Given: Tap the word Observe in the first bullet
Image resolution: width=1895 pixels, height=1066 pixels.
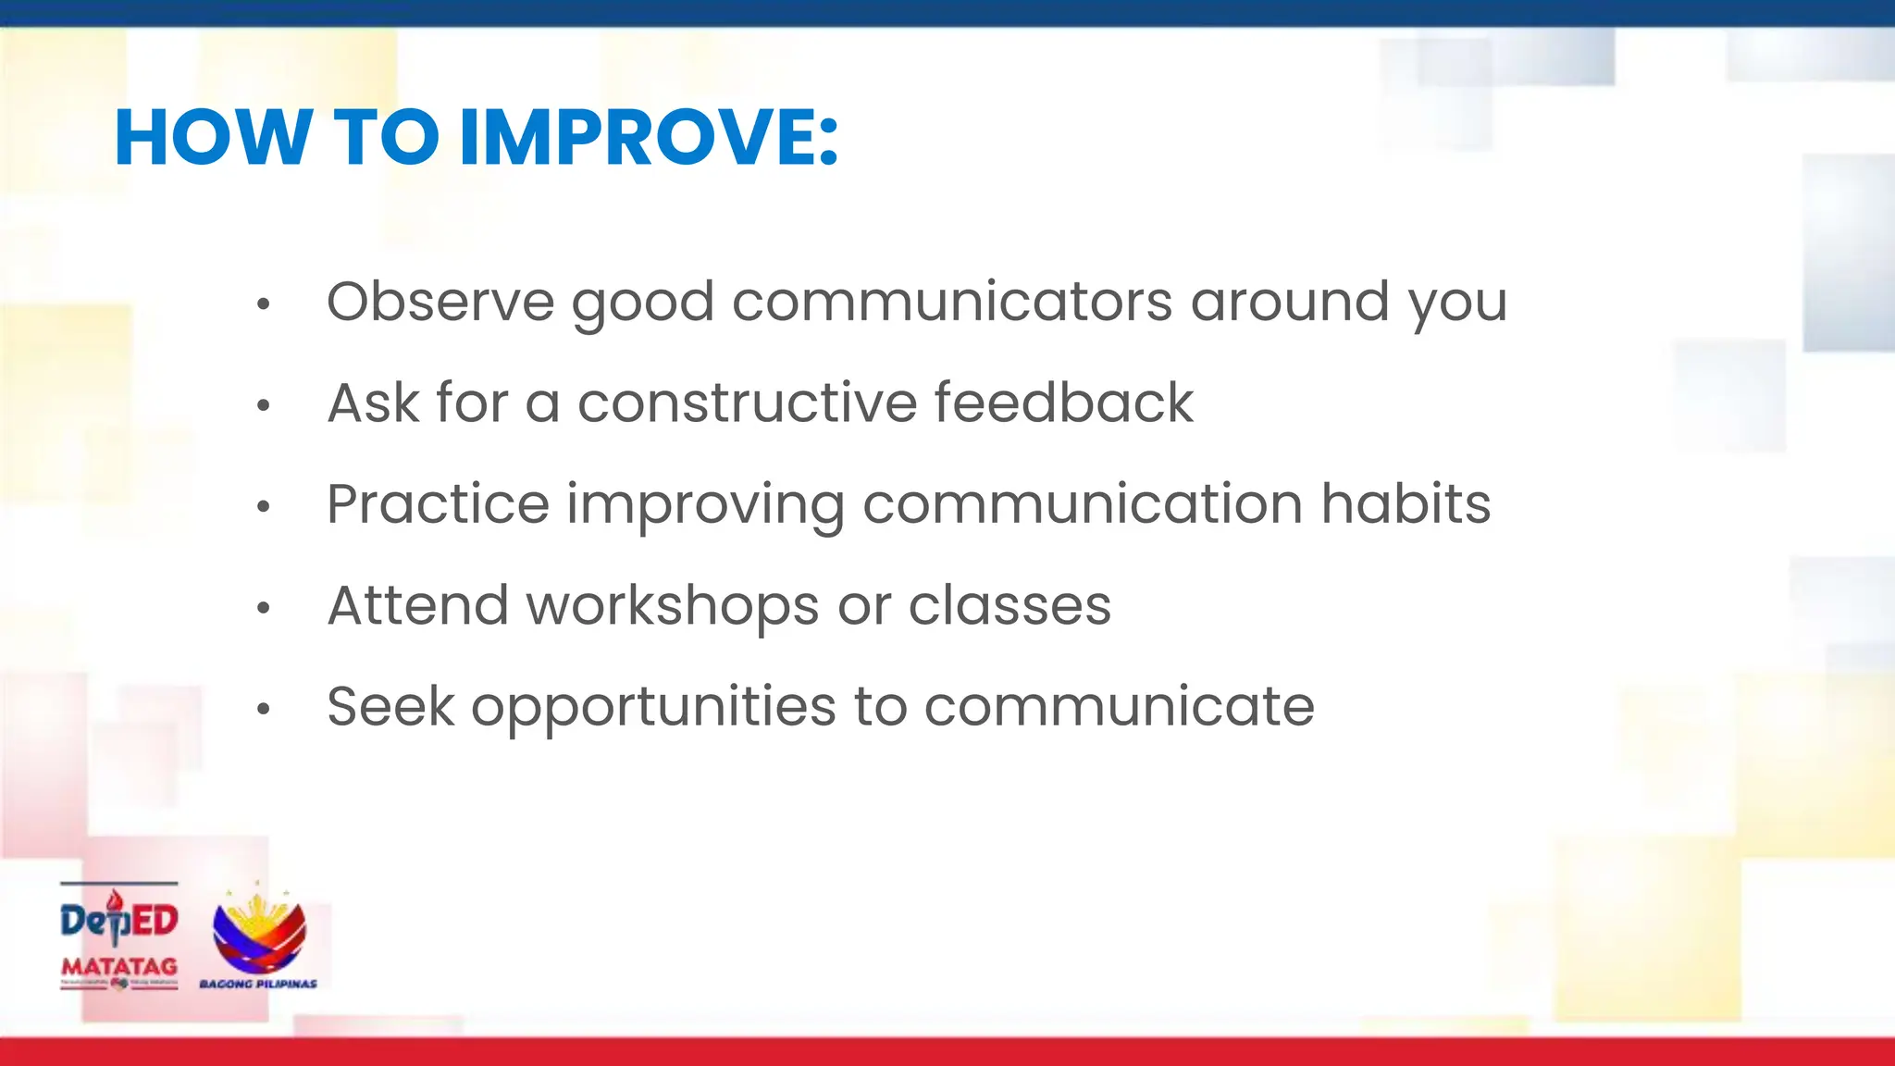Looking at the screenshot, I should coord(440,302).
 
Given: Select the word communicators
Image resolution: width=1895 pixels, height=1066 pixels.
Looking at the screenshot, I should coord(951,302).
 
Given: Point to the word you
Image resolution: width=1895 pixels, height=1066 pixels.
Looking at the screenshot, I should coord(1457,304).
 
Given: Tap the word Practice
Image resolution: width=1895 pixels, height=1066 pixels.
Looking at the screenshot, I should coord(438,504).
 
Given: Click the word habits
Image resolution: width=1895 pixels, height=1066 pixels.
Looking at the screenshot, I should coord(1405,504).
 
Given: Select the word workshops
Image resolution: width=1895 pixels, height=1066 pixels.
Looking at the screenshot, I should coord(673,606).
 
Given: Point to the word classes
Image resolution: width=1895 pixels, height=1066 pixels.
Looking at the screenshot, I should coord(1009,606).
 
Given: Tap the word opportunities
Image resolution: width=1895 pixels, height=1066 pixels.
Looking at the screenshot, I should coord(653,708).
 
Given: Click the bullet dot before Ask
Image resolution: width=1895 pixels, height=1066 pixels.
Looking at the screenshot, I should coord(264,405).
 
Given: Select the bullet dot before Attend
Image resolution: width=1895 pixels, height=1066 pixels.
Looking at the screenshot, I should coord(264,608).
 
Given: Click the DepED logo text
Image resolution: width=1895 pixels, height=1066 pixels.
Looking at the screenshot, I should coord(119,921).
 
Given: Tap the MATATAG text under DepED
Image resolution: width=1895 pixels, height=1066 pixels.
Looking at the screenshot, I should coord(119,966).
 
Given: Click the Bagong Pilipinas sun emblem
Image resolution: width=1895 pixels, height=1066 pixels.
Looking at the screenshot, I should coord(259,932).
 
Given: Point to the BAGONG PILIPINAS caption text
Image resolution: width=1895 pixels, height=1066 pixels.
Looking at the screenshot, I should coord(258,984).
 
